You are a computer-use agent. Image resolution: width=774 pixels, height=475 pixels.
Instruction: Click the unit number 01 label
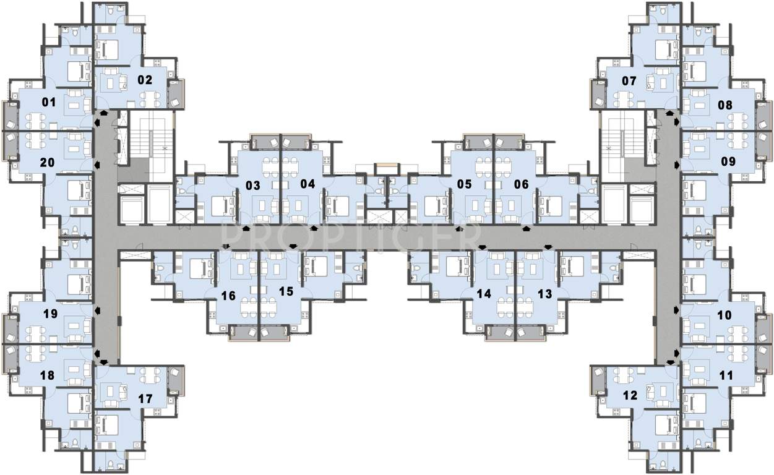pyautogui.click(x=48, y=103)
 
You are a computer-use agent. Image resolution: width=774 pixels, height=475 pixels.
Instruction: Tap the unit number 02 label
pyautogui.click(x=145, y=80)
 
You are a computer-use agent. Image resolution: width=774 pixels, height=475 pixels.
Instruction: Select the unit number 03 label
pyautogui.click(x=252, y=184)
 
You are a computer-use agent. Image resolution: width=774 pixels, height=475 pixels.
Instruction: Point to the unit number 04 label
pyautogui.click(x=307, y=184)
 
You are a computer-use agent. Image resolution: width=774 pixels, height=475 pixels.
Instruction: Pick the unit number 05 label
pyautogui.click(x=464, y=184)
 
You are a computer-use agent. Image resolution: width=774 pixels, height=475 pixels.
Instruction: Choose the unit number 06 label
pyautogui.click(x=522, y=184)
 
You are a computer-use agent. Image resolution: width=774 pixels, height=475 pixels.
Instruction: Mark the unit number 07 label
pyautogui.click(x=629, y=81)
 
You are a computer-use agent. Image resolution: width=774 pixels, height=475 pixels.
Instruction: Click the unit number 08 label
pyautogui.click(x=725, y=105)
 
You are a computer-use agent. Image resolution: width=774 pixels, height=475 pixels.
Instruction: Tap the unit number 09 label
pyautogui.click(x=728, y=162)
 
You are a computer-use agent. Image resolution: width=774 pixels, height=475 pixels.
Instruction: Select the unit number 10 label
pyautogui.click(x=724, y=315)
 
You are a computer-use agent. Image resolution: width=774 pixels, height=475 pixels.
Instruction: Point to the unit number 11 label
pyautogui.click(x=726, y=375)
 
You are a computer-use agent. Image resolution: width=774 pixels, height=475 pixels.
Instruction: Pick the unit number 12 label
pyautogui.click(x=629, y=396)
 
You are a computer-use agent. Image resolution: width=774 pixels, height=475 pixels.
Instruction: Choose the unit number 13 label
pyautogui.click(x=544, y=294)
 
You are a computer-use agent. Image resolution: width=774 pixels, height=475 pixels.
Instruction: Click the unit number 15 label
pyautogui.click(x=285, y=291)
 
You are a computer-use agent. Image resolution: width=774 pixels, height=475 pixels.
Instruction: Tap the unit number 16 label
pyautogui.click(x=228, y=296)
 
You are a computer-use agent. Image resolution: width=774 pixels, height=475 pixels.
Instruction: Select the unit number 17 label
pyautogui.click(x=145, y=399)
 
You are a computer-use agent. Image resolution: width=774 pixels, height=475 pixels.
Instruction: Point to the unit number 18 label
pyautogui.click(x=46, y=375)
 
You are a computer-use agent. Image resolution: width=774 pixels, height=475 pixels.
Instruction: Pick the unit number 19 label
pyautogui.click(x=50, y=314)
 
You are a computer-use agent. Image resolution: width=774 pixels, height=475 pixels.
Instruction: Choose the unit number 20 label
pyautogui.click(x=46, y=162)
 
